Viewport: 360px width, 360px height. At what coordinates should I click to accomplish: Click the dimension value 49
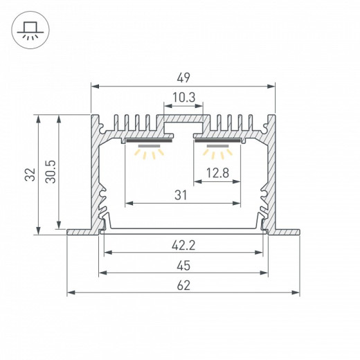click(183, 78)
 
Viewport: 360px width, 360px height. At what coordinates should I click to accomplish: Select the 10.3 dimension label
click(184, 98)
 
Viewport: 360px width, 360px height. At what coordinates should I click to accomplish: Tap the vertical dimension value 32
click(30, 174)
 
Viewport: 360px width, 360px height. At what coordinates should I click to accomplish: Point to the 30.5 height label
click(51, 172)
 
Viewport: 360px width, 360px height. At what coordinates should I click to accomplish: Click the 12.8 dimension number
click(217, 173)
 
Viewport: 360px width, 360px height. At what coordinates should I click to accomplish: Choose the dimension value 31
click(181, 195)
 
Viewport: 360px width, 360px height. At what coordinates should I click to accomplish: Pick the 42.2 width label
click(183, 245)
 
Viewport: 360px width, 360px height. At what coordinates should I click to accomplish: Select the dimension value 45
click(183, 266)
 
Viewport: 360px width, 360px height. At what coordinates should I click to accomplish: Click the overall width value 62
click(183, 285)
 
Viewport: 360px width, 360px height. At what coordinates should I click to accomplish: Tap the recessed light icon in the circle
click(30, 30)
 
